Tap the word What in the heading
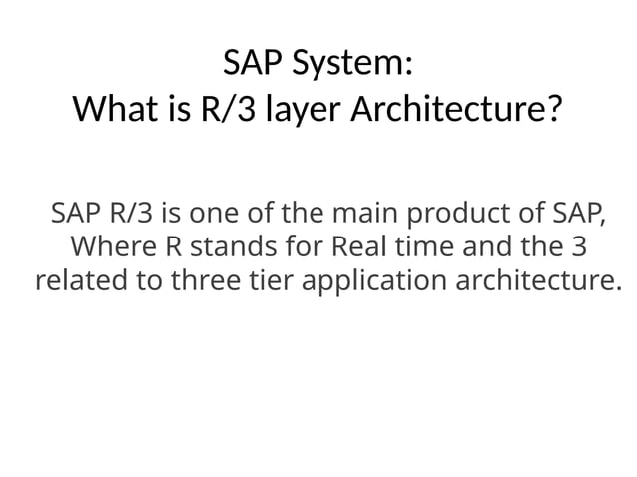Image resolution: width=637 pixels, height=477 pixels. coord(111,108)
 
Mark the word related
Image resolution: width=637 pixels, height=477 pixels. coord(81,280)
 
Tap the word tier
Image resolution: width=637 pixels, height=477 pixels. coord(267,280)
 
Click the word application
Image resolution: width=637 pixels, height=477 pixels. coord(373,280)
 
